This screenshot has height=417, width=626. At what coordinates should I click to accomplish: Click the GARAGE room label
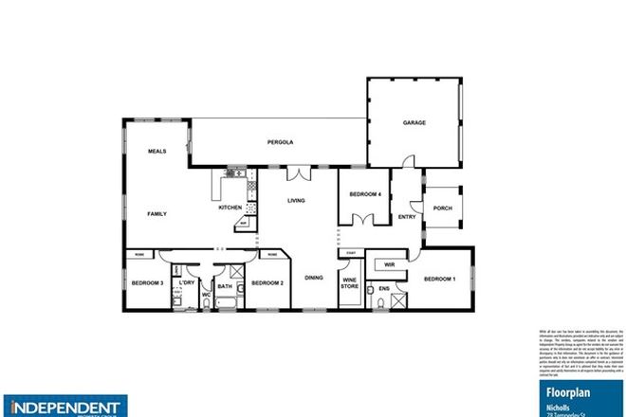pyautogui.click(x=414, y=123)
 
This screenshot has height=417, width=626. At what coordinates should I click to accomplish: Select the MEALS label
pyautogui.click(x=156, y=152)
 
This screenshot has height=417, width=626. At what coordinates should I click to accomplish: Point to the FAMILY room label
pyautogui.click(x=156, y=214)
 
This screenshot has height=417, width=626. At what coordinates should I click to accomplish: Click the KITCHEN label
pyautogui.click(x=230, y=208)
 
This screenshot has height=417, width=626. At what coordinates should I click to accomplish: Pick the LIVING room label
pyautogui.click(x=297, y=201)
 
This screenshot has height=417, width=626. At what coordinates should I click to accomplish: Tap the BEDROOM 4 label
pyautogui.click(x=365, y=194)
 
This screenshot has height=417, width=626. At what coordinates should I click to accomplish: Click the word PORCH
pyautogui.click(x=441, y=208)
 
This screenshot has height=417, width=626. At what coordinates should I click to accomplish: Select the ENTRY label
pyautogui.click(x=408, y=217)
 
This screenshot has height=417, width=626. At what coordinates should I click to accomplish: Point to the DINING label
pyautogui.click(x=314, y=278)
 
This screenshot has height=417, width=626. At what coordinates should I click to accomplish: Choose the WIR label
pyautogui.click(x=390, y=264)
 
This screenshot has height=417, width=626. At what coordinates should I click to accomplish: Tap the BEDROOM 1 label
pyautogui.click(x=440, y=279)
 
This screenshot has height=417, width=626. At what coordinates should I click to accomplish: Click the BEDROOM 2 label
pyautogui.click(x=267, y=282)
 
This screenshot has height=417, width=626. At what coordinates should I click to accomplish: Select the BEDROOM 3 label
pyautogui.click(x=148, y=282)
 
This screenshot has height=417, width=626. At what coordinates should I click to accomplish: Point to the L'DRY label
pyautogui.click(x=187, y=282)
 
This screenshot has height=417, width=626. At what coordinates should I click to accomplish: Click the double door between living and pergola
pyautogui.click(x=297, y=172)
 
